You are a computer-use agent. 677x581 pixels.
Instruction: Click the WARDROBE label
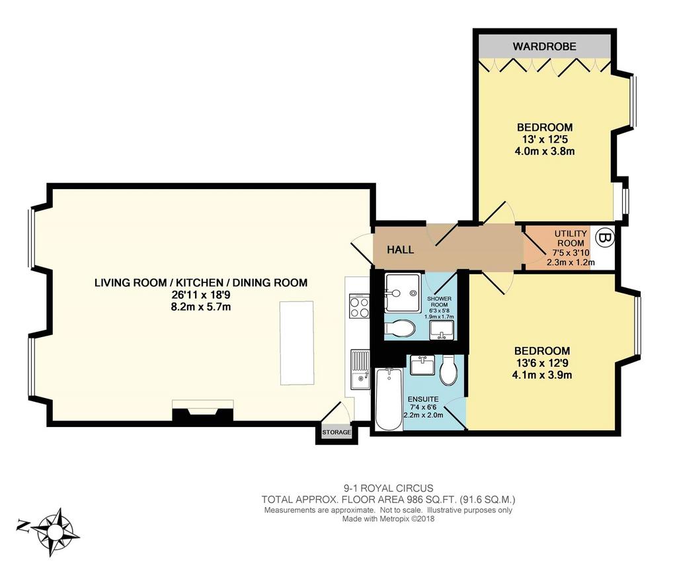point(545,46)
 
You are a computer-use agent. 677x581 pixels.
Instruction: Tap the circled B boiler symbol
point(605,237)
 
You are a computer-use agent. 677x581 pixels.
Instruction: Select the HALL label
point(400,249)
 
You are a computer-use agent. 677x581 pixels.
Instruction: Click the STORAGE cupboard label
point(337,432)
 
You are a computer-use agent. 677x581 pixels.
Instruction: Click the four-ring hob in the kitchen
point(359,307)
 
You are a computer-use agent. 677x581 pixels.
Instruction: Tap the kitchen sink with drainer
point(360,369)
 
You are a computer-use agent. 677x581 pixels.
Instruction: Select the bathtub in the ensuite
point(389,399)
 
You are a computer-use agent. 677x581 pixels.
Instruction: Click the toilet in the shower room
point(400,329)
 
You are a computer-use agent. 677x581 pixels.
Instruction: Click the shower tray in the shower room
point(402,293)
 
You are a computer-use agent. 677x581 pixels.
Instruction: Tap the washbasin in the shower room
point(441,330)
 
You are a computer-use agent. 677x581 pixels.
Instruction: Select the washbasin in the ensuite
point(422,365)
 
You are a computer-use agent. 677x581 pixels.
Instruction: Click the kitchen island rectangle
point(297,343)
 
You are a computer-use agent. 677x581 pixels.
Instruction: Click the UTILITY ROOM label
point(571,238)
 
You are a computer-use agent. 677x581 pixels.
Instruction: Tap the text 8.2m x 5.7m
point(201,307)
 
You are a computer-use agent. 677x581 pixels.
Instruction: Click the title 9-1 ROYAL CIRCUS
point(388,488)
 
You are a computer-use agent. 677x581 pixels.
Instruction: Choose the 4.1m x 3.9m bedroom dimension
point(542,375)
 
